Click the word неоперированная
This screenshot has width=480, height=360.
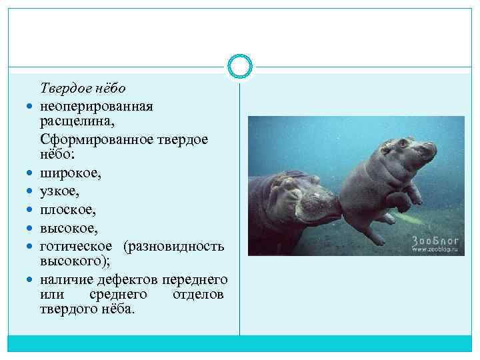[x=96, y=106]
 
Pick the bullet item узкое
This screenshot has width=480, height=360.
[x=60, y=192]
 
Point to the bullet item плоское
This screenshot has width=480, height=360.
[x=67, y=209]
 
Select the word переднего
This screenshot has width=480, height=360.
[x=195, y=279]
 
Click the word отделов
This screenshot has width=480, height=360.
[x=198, y=295]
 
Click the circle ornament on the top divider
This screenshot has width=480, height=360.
[x=240, y=66]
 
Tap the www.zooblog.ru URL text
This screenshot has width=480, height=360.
[x=437, y=251]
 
